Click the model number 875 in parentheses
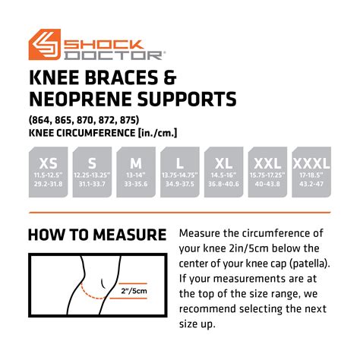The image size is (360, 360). (126, 120)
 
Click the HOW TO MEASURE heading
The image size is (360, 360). (96, 235)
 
